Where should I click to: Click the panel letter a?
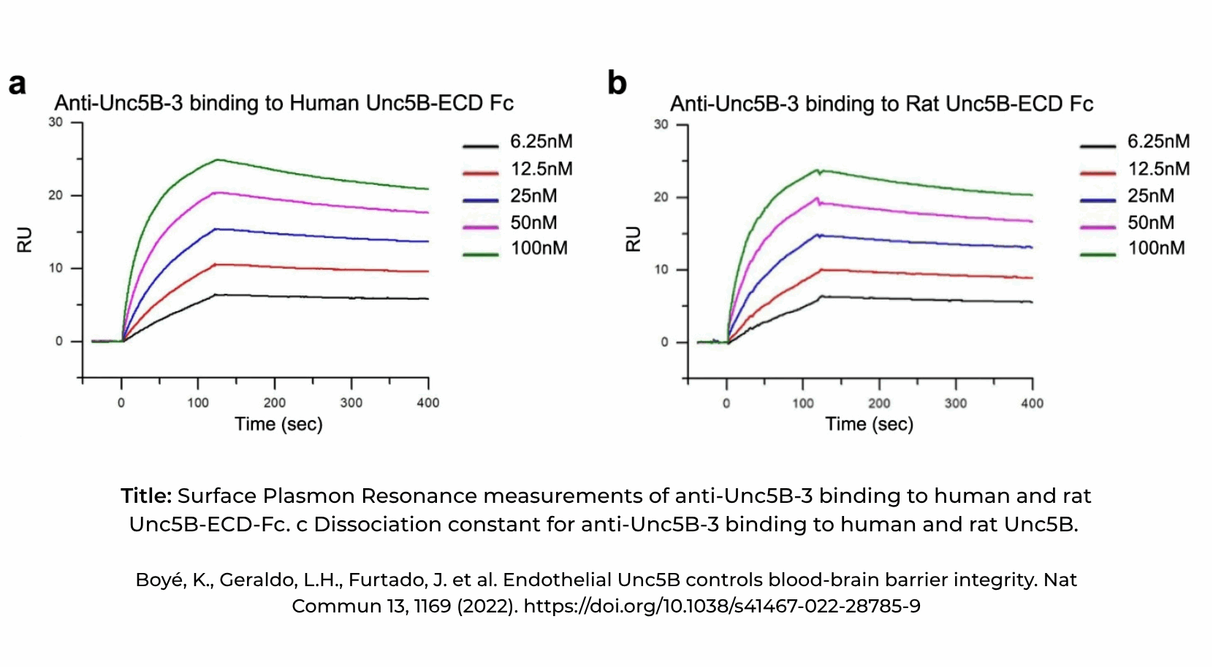tap(18, 84)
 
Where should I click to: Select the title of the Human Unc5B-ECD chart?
tap(284, 103)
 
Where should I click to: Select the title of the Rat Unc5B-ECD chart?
tap(881, 104)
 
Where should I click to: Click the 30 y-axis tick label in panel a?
tap(56, 122)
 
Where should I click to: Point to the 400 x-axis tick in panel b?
tap(1032, 403)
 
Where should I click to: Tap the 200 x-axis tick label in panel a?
tap(275, 403)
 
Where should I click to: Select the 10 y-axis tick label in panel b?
tap(661, 270)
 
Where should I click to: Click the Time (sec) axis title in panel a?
tap(278, 425)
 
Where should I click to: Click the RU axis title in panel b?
tap(633, 239)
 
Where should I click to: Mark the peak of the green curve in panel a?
tap(217, 159)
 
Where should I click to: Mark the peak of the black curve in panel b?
tap(822, 296)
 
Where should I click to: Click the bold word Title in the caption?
tap(146, 496)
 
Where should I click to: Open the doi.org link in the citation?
tap(721, 607)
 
